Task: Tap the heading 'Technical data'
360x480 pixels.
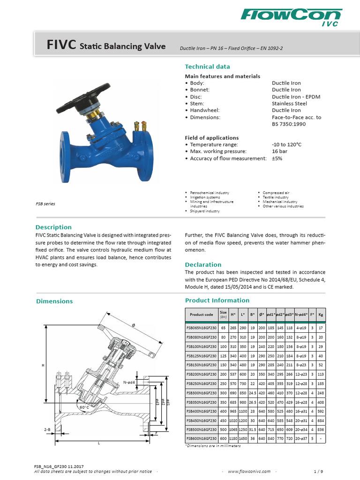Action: (x=207, y=67)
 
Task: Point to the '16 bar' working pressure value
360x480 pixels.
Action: (x=280, y=151)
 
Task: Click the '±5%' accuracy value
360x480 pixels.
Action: (x=277, y=158)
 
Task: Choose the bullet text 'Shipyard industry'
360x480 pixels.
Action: (x=205, y=211)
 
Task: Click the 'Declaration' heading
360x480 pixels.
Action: (x=203, y=264)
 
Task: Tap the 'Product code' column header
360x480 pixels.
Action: (x=202, y=315)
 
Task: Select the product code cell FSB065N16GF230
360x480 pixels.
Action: (x=202, y=328)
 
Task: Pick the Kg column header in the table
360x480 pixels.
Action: (x=321, y=315)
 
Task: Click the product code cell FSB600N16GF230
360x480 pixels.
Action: (x=202, y=438)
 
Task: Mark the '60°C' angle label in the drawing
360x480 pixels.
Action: (x=84, y=407)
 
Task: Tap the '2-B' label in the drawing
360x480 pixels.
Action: (x=47, y=429)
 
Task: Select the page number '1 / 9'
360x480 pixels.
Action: (x=321, y=472)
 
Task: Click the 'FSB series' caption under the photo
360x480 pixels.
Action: (x=45, y=204)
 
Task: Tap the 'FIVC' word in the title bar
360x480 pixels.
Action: (x=61, y=45)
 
